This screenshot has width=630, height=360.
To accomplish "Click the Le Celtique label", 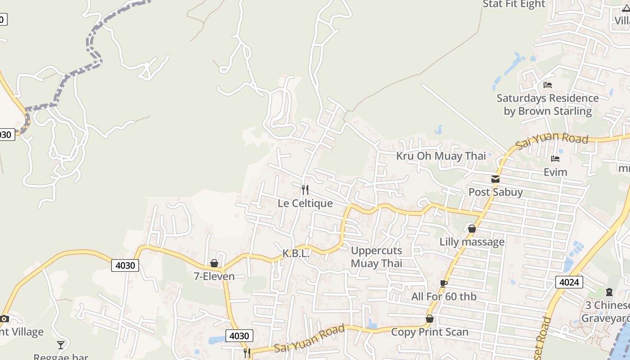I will [305, 203].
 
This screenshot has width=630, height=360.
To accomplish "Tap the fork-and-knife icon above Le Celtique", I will [305, 189].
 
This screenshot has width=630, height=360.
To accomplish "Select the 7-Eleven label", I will [214, 276].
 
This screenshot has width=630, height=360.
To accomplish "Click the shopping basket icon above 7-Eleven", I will [214, 263].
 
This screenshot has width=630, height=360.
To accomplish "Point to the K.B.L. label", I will [296, 254].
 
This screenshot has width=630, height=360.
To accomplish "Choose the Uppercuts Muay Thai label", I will [377, 257].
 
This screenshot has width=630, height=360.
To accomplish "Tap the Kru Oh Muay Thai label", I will [441, 156].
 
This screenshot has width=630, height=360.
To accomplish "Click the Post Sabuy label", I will [495, 192].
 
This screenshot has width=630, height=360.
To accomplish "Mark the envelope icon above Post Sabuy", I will [495, 179].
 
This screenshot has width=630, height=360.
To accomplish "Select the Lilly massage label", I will [472, 242].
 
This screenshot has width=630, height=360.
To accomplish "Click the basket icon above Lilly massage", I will [472, 229].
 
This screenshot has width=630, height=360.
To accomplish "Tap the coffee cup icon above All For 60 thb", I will [444, 283].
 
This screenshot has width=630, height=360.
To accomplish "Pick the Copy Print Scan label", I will [430, 332].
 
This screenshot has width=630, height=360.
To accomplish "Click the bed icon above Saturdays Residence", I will [548, 85].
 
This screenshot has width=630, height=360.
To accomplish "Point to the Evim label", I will [555, 172].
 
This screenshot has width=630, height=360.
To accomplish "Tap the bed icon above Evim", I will [555, 159].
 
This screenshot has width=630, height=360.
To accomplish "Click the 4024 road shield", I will [569, 282].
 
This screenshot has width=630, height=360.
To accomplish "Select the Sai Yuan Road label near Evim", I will [552, 141].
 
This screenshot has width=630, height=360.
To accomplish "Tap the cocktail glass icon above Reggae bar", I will [61, 345].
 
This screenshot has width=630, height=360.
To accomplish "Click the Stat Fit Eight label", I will [514, 4].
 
